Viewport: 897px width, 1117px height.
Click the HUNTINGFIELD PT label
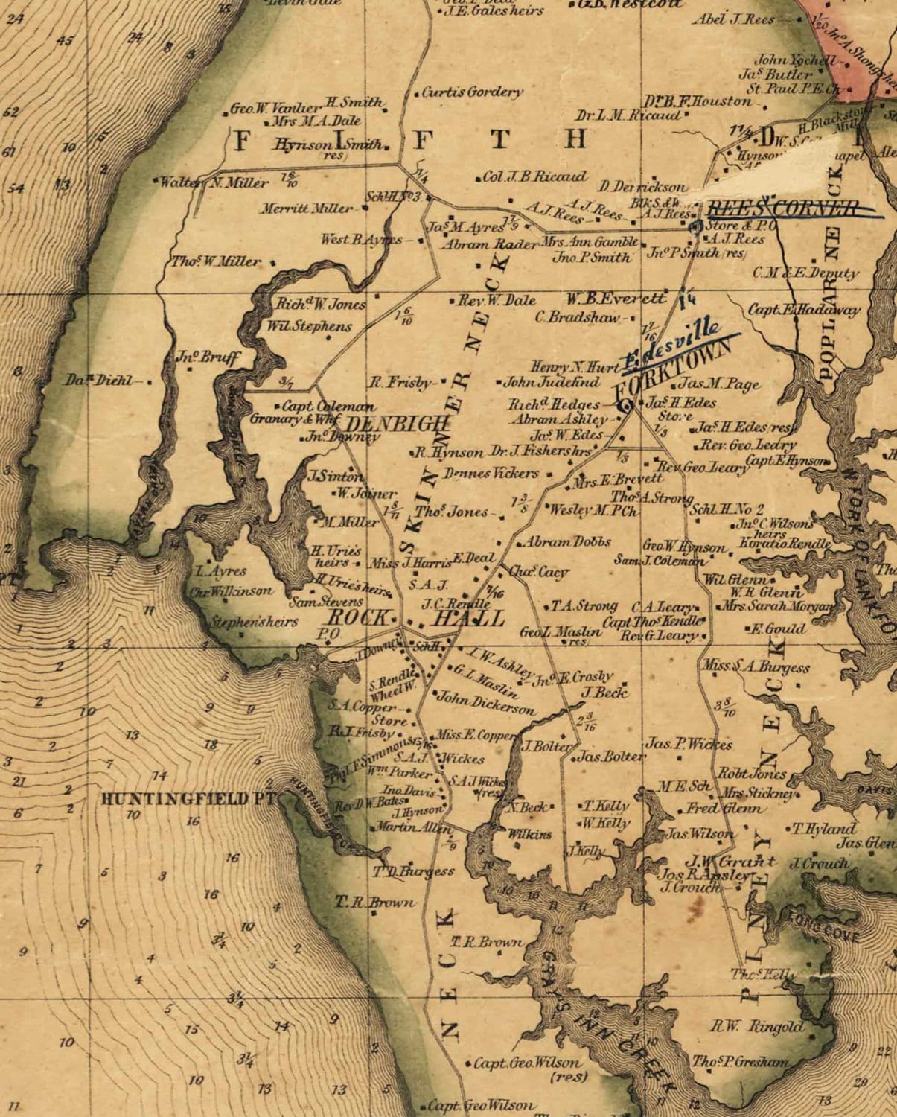coord(188,799)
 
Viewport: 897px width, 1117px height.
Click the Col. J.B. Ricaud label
coord(534,177)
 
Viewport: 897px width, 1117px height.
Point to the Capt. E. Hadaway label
coord(804,309)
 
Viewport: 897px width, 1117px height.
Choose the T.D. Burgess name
coord(414,871)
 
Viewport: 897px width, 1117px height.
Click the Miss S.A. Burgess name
coord(756,666)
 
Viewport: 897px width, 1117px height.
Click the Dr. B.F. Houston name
coord(698,101)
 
